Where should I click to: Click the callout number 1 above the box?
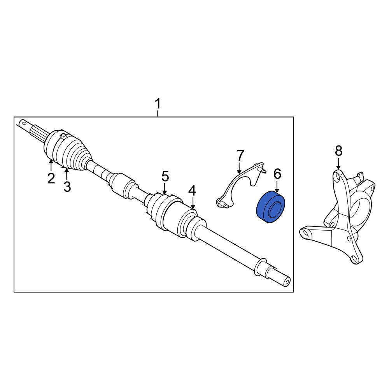click(158, 104)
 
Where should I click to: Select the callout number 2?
click(51, 178)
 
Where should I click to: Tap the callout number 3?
click(67, 186)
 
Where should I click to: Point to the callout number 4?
click(192, 191)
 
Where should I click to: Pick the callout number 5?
click(165, 176)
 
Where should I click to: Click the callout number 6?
click(277, 174)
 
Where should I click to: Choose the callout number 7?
click(240, 156)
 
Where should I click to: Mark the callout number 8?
click(339, 151)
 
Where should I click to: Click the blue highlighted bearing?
click(270, 207)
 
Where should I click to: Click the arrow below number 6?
click(277, 186)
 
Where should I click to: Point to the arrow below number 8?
click(338, 163)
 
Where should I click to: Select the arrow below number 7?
click(239, 168)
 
